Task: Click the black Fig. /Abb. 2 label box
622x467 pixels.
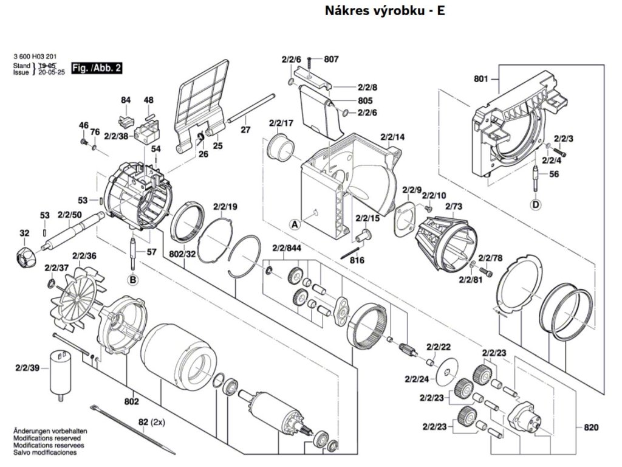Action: (x=97, y=68)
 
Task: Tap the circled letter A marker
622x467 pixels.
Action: (x=295, y=224)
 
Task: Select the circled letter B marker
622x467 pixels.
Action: (x=133, y=280)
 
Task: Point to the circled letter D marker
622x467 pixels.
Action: (x=536, y=205)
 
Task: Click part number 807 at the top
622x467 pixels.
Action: (x=331, y=59)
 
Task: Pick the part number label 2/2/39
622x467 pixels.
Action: (x=27, y=368)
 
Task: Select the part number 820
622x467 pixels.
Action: (x=591, y=427)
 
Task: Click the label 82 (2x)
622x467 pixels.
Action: (x=151, y=422)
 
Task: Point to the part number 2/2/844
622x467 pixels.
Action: (x=287, y=249)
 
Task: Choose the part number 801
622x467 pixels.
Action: (x=481, y=79)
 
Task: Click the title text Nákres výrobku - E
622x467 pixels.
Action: (x=384, y=11)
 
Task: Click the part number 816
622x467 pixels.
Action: (x=357, y=260)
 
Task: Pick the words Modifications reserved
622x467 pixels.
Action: (x=47, y=438)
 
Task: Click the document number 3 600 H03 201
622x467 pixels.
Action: (x=35, y=57)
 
